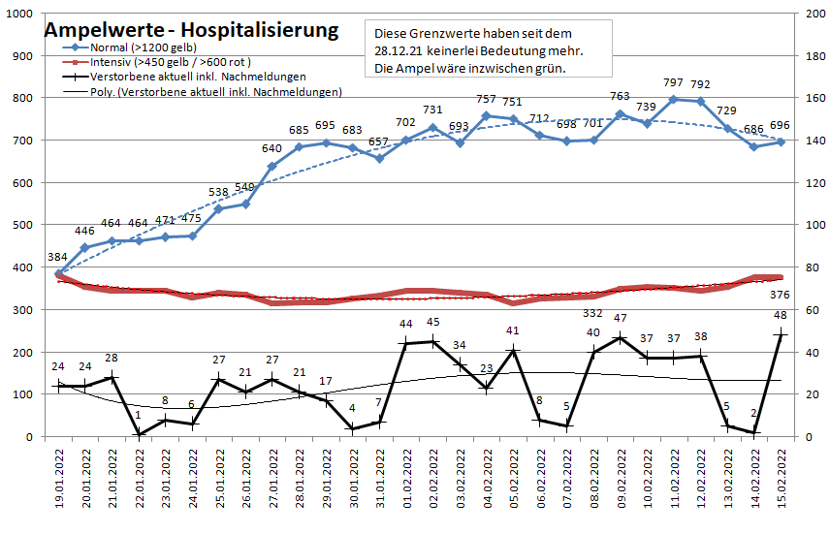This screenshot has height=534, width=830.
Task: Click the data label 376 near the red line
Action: click(781, 295)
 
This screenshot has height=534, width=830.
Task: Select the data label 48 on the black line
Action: click(781, 315)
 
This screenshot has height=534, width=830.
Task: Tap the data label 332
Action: click(592, 313)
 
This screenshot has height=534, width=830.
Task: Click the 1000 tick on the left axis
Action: click(20, 14)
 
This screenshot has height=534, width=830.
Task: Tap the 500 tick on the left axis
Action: click(23, 225)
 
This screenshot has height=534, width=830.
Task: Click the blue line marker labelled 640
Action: click(272, 166)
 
